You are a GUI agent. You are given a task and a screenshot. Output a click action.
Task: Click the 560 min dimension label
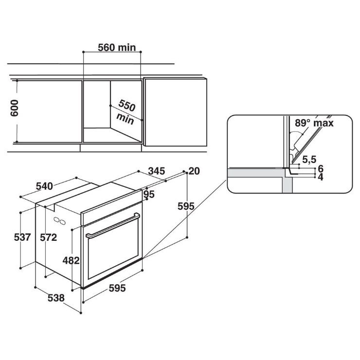click(117, 48)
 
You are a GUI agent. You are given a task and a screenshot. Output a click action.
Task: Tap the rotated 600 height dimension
click(14, 108)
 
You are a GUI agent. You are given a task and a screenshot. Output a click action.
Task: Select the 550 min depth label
click(126, 112)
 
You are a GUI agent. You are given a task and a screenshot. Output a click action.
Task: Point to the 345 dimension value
click(157, 171)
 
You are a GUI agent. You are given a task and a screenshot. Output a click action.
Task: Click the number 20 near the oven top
click(194, 171)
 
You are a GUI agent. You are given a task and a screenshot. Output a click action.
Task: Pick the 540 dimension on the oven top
click(45, 186)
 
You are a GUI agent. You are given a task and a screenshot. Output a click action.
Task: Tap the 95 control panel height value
click(149, 195)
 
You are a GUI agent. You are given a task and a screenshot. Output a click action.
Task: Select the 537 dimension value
click(22, 237)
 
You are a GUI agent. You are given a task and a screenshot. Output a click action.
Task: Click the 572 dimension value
click(49, 237)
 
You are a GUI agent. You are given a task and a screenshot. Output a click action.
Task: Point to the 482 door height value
click(71, 260)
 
